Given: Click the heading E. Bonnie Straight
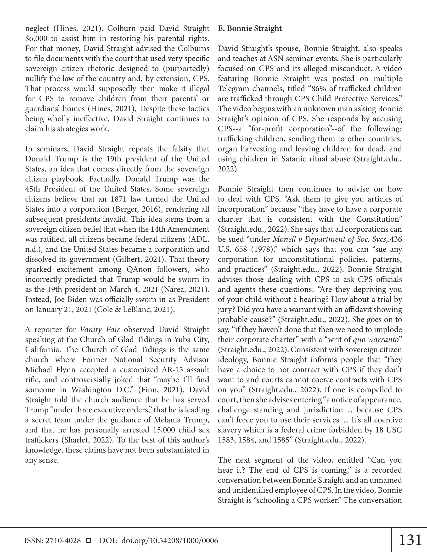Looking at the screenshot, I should [x=250, y=28].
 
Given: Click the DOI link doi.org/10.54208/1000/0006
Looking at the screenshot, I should [x=170, y=541].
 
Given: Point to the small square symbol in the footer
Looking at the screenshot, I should [x=88, y=540].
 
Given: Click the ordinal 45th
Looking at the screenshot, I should [x=33, y=189].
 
